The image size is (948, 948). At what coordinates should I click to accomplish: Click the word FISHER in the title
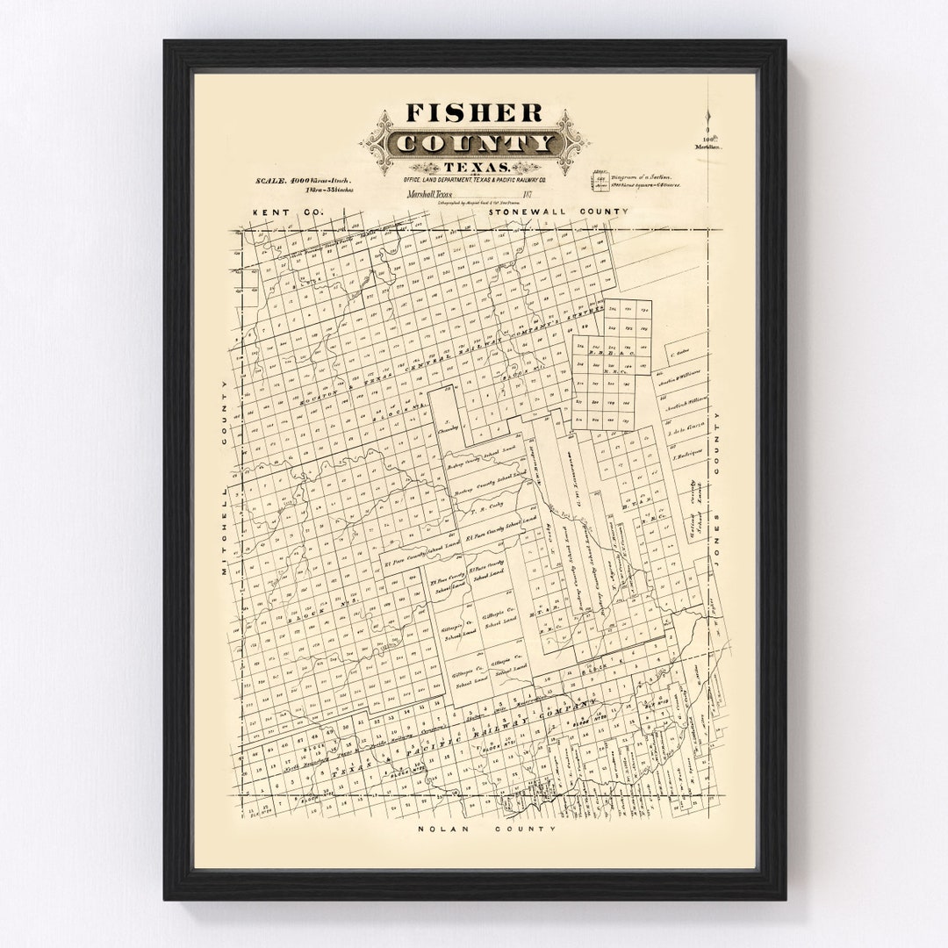[473, 113]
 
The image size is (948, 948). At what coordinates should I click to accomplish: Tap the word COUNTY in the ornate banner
[474, 143]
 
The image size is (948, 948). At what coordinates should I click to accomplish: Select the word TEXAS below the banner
[474, 167]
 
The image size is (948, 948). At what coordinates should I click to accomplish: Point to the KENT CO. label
[276, 212]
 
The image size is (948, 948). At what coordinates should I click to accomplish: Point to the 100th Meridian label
[710, 142]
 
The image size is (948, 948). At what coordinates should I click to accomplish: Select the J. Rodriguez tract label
[685, 456]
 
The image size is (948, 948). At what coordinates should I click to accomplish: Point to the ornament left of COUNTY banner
[377, 143]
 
